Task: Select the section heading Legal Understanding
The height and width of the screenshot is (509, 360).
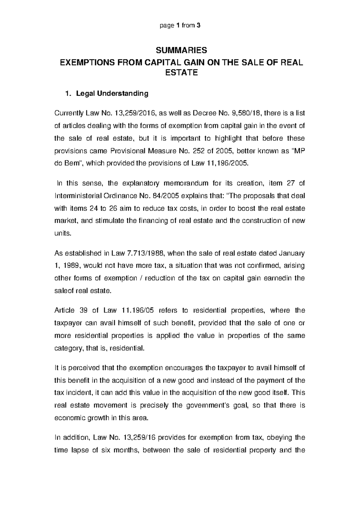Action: tap(112, 94)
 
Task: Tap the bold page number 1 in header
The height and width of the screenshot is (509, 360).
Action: tap(179, 26)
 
